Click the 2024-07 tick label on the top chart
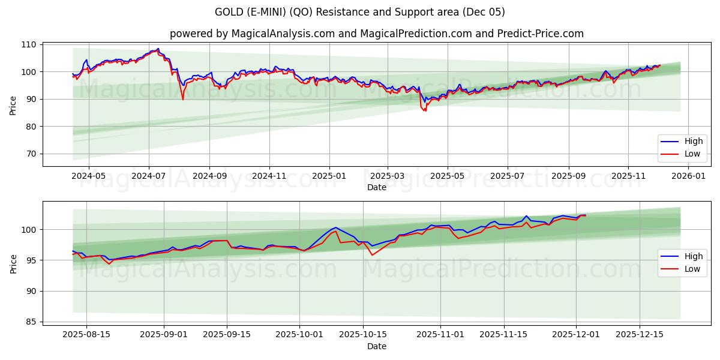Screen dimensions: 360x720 tap(148, 176)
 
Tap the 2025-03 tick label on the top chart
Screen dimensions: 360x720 tap(388, 176)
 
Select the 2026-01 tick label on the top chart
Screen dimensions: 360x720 tap(688, 176)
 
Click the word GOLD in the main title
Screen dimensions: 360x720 tap(230, 12)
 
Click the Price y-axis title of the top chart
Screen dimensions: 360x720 tap(13, 104)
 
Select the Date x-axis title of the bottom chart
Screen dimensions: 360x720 tap(376, 346)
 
